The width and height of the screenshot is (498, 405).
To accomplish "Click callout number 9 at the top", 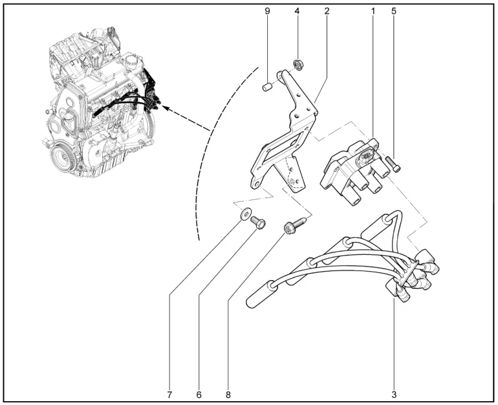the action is pyautogui.click(x=267, y=11).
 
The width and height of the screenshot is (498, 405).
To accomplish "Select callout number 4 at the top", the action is pyautogui.click(x=297, y=11).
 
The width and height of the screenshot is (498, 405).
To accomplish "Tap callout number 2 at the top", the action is pyautogui.click(x=327, y=11).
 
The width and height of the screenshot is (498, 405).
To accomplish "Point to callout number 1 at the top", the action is pyautogui.click(x=373, y=11).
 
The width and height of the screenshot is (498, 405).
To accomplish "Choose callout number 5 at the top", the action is pyautogui.click(x=394, y=11).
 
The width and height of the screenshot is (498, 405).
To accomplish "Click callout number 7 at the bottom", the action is pyautogui.click(x=169, y=395).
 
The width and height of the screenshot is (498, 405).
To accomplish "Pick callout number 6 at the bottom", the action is pyautogui.click(x=199, y=395).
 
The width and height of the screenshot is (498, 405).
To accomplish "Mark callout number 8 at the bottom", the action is pyautogui.click(x=228, y=395).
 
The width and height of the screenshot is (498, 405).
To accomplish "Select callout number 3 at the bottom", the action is pyautogui.click(x=394, y=395).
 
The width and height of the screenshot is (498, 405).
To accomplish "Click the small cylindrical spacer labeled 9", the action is pyautogui.click(x=267, y=87).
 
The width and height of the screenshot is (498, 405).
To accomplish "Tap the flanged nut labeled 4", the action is pyautogui.click(x=298, y=65).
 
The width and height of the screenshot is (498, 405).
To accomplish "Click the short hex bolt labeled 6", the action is pyautogui.click(x=258, y=223).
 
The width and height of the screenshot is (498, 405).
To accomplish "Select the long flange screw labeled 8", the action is pyautogui.click(x=295, y=224).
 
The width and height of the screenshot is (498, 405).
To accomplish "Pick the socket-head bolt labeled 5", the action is pyautogui.click(x=393, y=164).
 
